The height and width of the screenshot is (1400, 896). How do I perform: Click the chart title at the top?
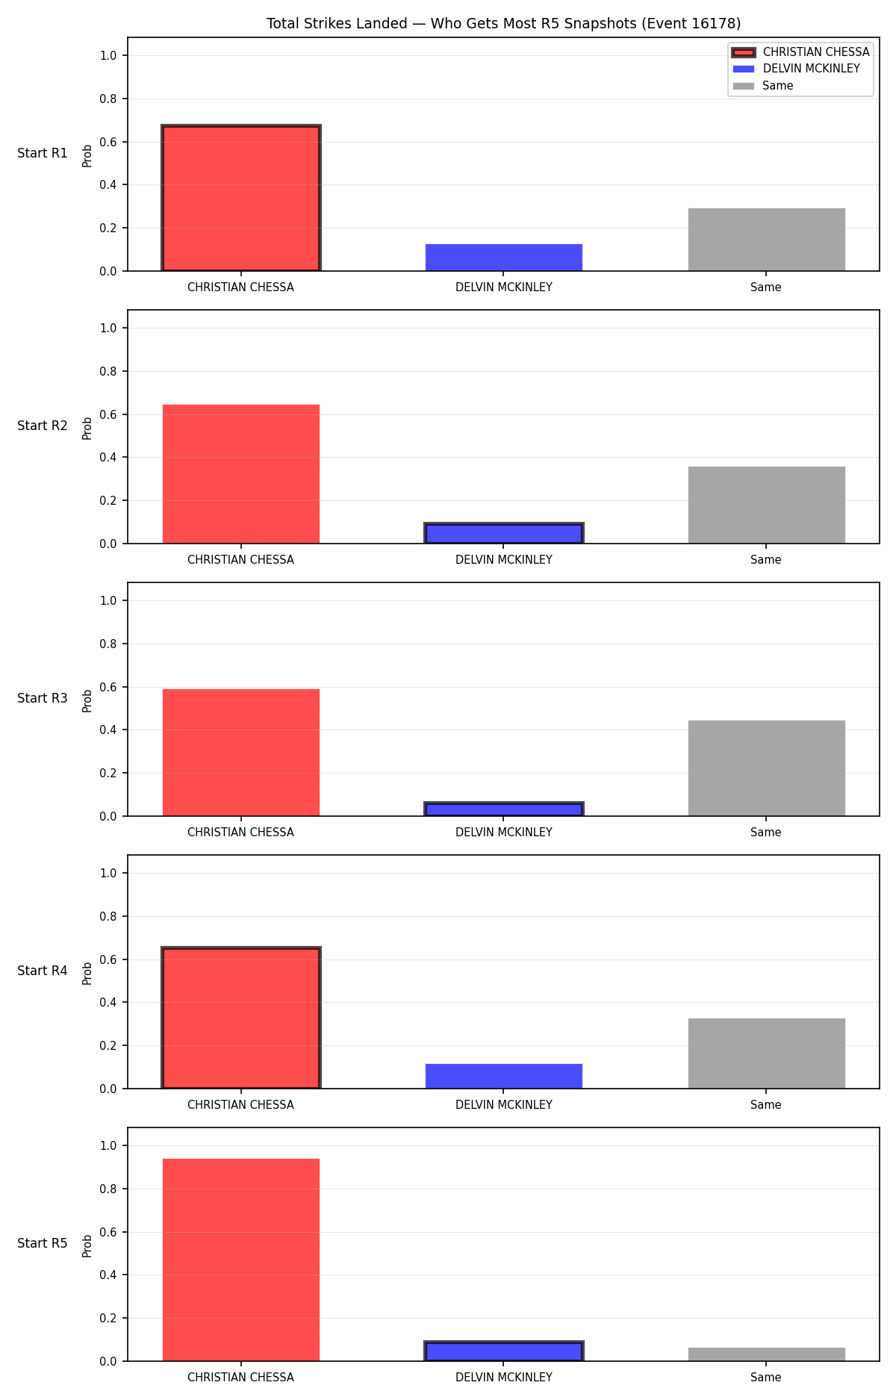503,24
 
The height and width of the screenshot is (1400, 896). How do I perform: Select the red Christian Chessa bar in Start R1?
241,198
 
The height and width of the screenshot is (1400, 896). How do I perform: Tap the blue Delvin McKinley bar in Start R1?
504,258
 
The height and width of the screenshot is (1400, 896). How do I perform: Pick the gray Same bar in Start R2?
767,505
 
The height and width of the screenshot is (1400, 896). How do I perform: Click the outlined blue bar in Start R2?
504,533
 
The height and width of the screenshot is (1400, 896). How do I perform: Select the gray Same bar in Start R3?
767,768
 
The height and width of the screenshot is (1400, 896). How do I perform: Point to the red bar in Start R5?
241,1260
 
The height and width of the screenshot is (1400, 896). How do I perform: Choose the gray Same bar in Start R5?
767,1354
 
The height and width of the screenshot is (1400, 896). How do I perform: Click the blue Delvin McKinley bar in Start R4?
504,1076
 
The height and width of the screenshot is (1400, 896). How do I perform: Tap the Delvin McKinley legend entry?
811,69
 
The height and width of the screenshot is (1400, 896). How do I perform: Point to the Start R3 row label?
43,698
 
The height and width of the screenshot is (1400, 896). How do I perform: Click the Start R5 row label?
43,1243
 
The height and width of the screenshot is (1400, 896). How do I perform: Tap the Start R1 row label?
43,153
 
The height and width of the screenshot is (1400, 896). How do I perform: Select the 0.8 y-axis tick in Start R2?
109,371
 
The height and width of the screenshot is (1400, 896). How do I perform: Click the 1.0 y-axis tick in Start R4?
109,873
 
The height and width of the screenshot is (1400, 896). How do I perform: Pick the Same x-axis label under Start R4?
766,1105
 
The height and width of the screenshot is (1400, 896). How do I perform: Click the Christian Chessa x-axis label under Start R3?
240,833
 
